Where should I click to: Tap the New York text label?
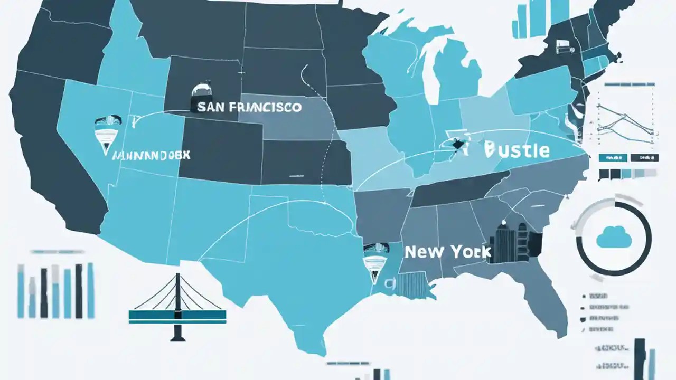[x=448, y=252]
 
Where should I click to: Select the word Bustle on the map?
[x=517, y=150]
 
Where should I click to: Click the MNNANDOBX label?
[x=152, y=155]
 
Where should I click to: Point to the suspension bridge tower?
[x=177, y=306]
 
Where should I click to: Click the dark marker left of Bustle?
[x=455, y=143]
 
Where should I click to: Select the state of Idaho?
[x=124, y=58]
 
